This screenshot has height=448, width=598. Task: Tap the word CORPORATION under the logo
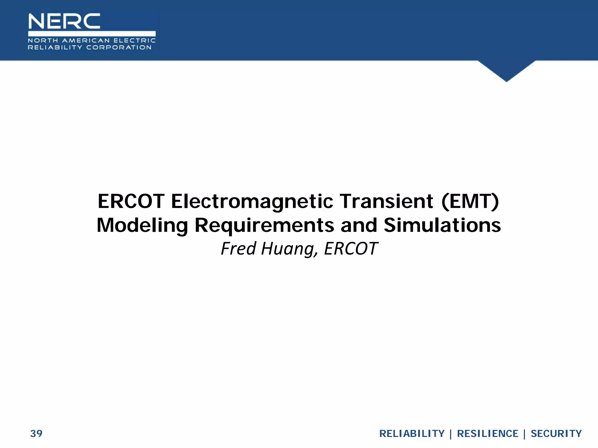(119, 48)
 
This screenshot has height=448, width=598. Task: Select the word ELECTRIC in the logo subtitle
(135, 41)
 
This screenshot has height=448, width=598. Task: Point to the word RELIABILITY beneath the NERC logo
(55, 48)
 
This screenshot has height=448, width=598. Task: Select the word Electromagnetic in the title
(252, 202)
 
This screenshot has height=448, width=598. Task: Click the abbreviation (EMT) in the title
(470, 202)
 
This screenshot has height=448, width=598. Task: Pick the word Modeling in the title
(142, 226)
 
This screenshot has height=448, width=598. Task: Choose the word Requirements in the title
(264, 226)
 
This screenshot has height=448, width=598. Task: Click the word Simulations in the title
(442, 225)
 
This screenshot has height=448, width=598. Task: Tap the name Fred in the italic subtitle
(238, 249)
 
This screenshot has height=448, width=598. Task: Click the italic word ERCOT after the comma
(351, 249)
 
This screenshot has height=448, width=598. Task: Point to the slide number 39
(36, 434)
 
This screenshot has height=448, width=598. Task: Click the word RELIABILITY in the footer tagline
(412, 434)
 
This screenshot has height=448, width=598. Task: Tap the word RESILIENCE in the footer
(487, 434)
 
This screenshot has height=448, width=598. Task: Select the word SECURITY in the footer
(556, 434)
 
